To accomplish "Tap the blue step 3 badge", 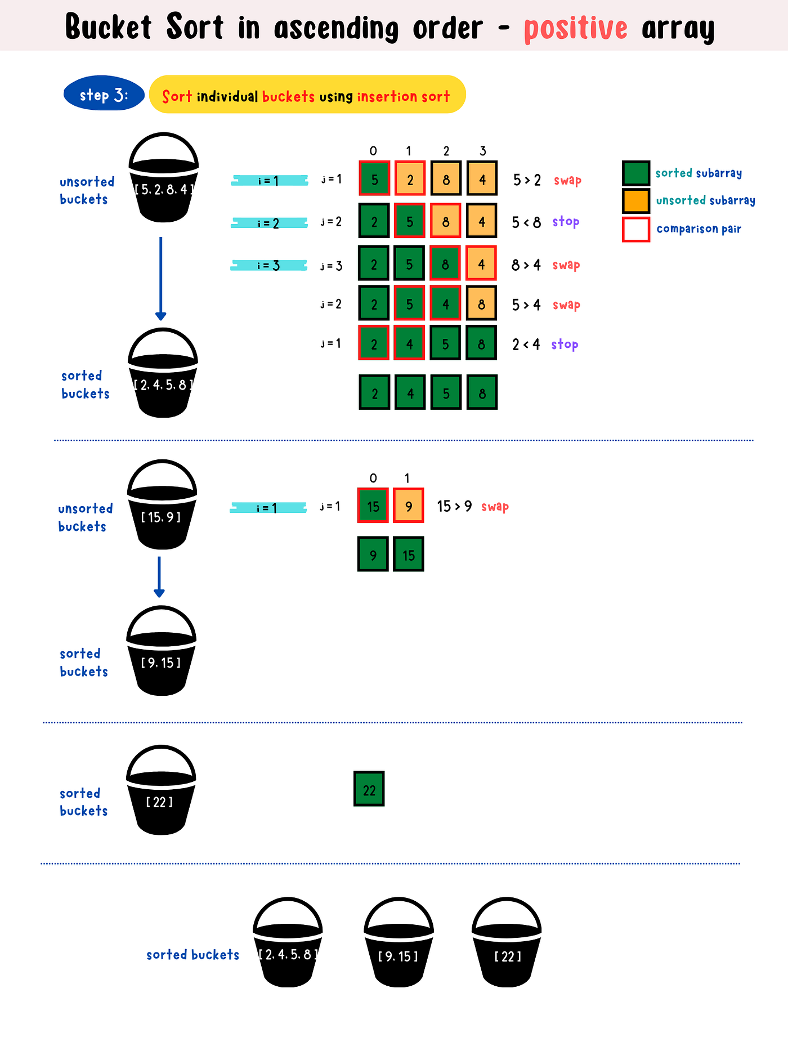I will coord(104,94).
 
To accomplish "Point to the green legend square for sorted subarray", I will coord(636,173).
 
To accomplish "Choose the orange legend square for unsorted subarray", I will coord(636,200).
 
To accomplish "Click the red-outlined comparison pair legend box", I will coord(636,229).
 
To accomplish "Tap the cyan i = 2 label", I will coord(269,223).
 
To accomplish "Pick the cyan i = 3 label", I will coord(269,265).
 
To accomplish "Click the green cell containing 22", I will coord(369,789).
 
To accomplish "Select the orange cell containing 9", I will coord(409,506).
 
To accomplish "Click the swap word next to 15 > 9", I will coord(495,506).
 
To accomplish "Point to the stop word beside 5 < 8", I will coord(566,221).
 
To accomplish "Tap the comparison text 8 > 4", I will coord(526,265).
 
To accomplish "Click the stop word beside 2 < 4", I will coord(565,344).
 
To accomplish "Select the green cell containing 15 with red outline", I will coord(373,506).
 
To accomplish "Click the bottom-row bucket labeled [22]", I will coord(507,946).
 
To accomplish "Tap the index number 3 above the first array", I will coord(482,151).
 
